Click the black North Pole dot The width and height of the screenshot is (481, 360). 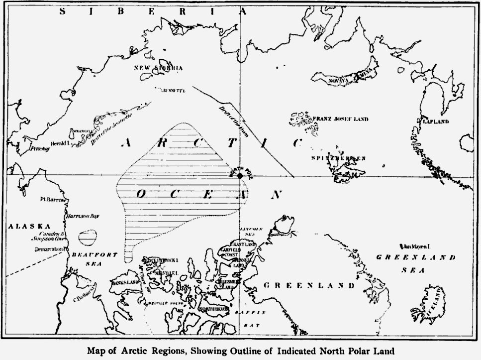[239, 176]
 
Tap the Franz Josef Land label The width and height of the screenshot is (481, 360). [340, 119]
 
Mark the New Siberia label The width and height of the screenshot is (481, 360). [159, 68]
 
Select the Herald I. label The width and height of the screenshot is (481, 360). [58, 143]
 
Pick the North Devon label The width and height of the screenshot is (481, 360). [213, 309]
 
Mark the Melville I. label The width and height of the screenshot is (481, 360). [167, 273]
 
